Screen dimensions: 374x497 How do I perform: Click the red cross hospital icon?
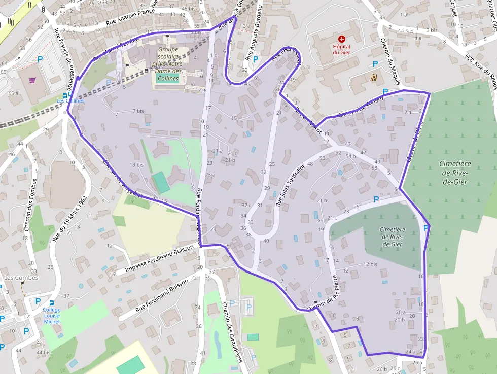tap(341, 39)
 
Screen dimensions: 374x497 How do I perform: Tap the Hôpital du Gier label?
tap(341, 49)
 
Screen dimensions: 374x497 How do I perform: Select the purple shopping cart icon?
tap(32, 80)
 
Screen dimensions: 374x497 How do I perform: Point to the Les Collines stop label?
tap(70, 100)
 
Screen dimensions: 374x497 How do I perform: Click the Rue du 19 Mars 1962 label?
tap(70, 219)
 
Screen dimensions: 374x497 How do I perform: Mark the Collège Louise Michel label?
tap(52, 315)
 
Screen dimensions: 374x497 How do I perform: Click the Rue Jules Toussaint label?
tap(290, 184)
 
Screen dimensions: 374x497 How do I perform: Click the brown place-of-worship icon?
tap(374, 77)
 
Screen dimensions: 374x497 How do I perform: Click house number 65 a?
tap(13, 93)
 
